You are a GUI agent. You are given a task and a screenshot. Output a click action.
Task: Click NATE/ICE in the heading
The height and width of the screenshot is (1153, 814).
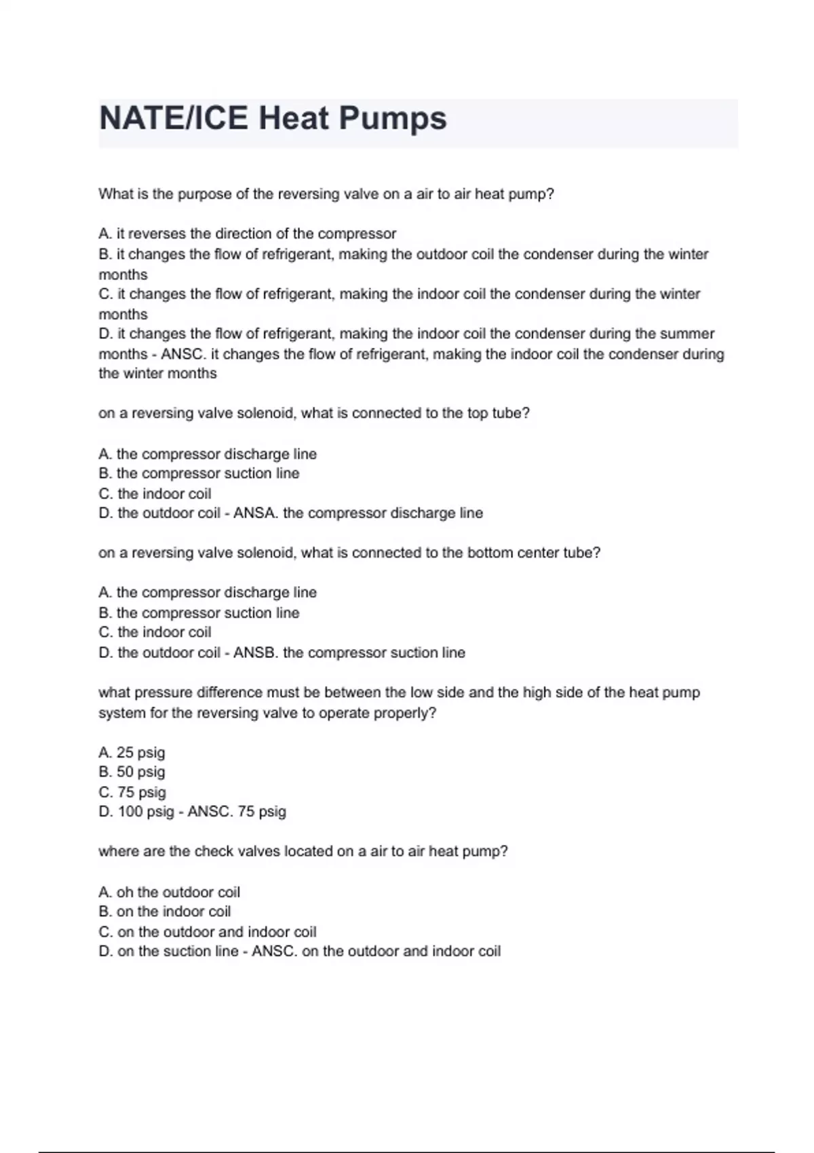174,119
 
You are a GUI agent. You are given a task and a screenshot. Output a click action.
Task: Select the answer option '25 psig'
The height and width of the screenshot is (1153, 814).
140,752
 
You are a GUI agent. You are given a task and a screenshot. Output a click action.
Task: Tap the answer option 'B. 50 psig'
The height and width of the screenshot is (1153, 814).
132,772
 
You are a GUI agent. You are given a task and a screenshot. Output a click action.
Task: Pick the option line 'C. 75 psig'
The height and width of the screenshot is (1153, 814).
132,792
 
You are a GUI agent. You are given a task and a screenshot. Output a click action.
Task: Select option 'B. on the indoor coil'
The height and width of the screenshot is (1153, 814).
165,912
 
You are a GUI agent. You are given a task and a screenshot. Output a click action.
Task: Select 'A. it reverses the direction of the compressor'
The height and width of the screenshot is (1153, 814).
247,234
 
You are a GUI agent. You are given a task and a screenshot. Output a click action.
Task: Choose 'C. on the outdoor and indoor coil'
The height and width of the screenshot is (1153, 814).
208,932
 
